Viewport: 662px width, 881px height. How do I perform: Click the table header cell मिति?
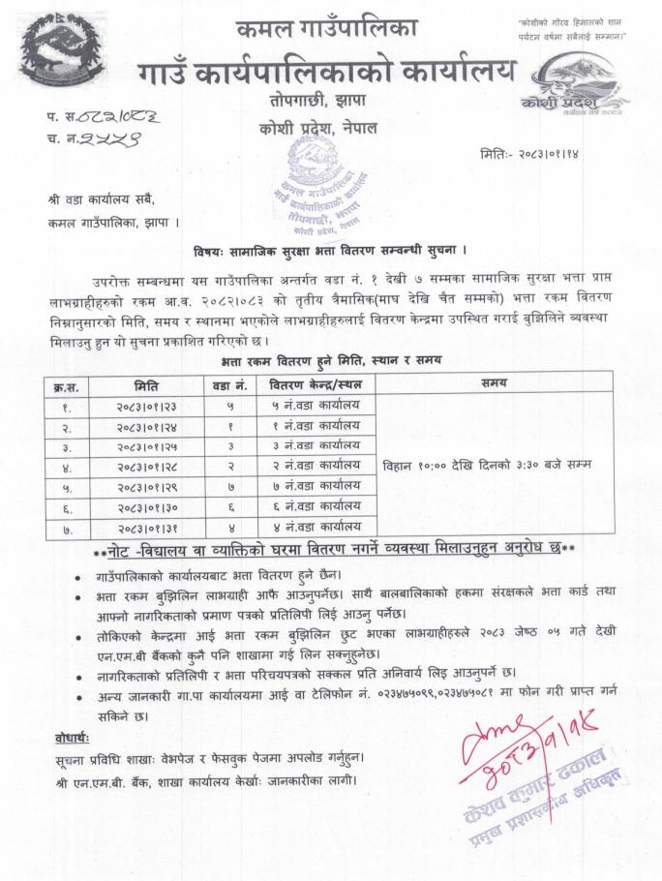coord(140,385)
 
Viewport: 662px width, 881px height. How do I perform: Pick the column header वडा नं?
coord(229,385)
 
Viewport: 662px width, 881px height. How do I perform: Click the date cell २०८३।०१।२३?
coord(140,406)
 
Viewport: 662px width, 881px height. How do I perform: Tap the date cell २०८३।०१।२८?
coord(140,466)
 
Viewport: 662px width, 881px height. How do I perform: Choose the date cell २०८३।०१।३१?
coord(140,527)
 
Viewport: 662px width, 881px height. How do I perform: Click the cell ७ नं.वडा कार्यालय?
coord(316,486)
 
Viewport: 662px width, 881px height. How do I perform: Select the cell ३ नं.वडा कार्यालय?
coord(316,445)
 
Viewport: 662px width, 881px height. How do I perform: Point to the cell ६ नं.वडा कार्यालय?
coord(316,506)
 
